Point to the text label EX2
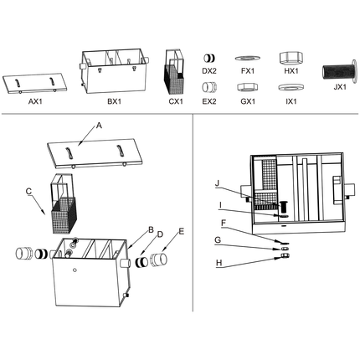[x=209, y=100]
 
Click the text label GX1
[x=247, y=100]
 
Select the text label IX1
[x=291, y=100]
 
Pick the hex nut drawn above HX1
[x=290, y=57]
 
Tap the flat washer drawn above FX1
[x=247, y=59]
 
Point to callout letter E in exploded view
[x=182, y=230]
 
